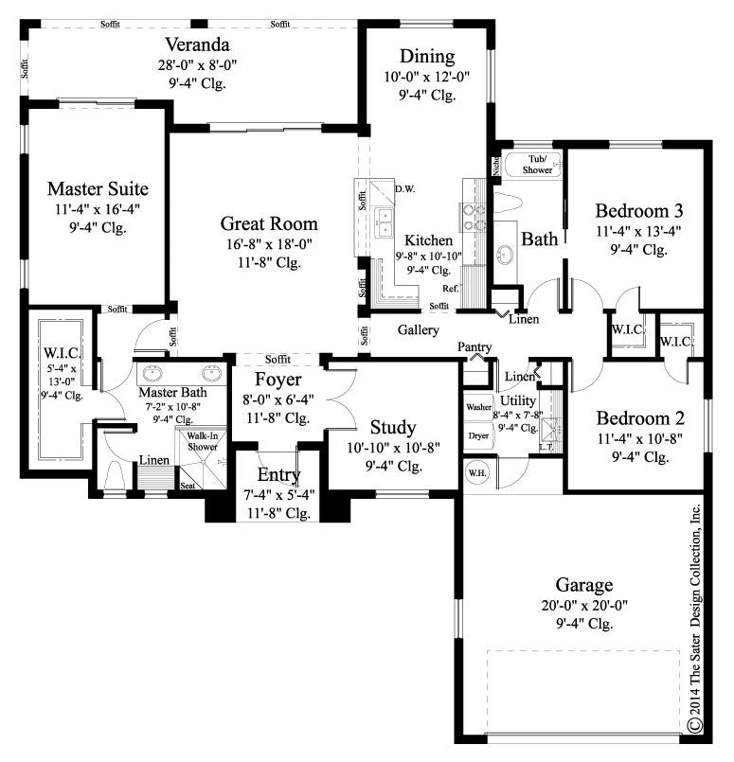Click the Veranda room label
pos(196,44)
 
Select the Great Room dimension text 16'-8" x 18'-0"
pos(269,244)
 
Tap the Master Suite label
pos(98,188)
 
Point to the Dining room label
pos(426,57)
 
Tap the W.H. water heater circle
pos(474,470)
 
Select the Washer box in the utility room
pos(477,407)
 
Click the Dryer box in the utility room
pos(477,435)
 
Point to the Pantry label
pos(474,348)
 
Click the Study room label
pos(393,427)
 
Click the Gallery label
pos(418,330)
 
